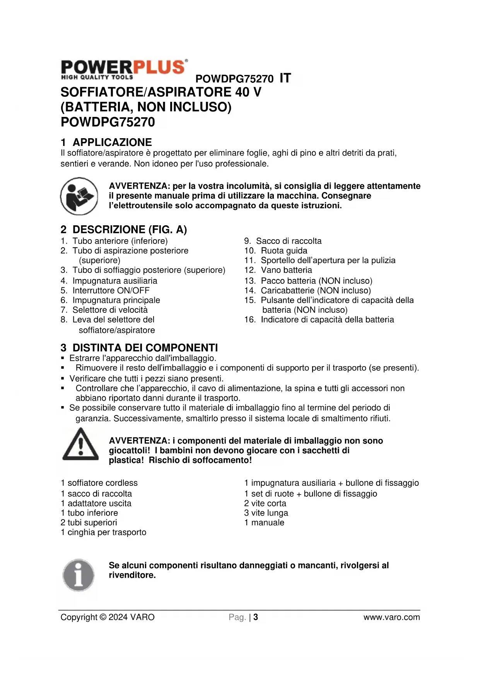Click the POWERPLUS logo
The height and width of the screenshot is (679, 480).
point(124,70)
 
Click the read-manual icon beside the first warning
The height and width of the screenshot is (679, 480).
point(79,196)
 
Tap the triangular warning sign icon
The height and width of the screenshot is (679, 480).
point(80,445)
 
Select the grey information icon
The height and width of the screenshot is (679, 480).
point(79,575)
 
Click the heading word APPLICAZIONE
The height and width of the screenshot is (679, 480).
point(112,142)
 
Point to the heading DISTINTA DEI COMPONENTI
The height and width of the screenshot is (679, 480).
point(145,348)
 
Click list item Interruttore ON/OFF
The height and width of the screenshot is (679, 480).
point(111,290)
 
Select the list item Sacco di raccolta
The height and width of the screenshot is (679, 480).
point(289,241)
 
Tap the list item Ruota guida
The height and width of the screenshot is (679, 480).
point(284,250)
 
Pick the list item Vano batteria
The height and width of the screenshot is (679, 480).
point(286,270)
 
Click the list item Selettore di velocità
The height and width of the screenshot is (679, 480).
point(110,310)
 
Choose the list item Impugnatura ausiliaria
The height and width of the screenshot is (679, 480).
point(114,281)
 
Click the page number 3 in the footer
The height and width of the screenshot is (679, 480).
point(256,617)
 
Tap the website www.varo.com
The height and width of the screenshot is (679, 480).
point(391,617)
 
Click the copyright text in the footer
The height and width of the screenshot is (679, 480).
point(108,617)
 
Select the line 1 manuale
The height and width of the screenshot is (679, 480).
point(264,523)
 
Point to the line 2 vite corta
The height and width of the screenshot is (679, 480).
point(265,503)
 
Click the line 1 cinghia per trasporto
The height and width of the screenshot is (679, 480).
point(104,532)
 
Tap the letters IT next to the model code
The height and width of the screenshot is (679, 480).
point(285,78)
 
